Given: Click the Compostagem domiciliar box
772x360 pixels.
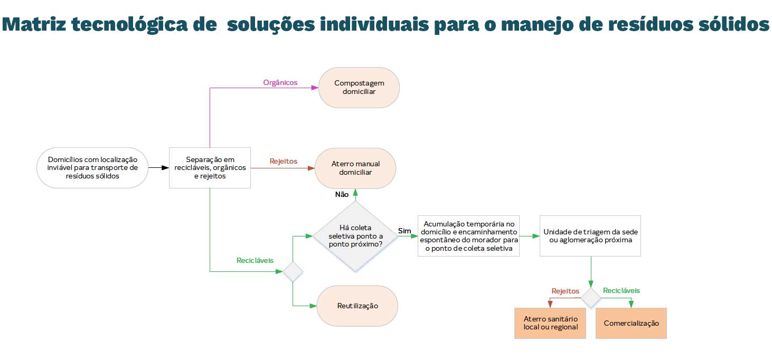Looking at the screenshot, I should point(359,88).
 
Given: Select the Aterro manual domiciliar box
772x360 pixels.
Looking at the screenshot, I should point(355,168).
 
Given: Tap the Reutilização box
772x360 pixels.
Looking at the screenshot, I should point(357,306).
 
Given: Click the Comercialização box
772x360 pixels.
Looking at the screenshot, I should point(631,323).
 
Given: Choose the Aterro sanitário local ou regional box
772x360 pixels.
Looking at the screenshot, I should point(550,323).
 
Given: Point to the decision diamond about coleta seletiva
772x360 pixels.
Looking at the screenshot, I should point(355,236).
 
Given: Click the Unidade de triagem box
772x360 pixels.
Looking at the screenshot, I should point(590,236).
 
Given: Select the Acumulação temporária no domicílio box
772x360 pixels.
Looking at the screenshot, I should point(468,236).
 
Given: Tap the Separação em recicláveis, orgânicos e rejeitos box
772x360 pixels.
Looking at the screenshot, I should point(210,168).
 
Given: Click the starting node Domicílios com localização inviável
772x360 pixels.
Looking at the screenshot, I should point(92,168).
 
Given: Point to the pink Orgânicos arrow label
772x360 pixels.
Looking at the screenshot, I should point(280,83).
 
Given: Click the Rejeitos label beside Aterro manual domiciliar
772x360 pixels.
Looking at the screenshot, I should point(283,161).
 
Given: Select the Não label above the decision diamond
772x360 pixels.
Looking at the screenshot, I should point(342,194).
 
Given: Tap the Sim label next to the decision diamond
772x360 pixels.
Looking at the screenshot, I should point(404,231).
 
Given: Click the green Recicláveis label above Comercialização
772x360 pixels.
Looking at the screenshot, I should point(622,291).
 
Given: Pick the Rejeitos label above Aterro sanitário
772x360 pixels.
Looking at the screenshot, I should point(565,291).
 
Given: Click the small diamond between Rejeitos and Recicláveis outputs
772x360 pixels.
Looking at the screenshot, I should point(591,298).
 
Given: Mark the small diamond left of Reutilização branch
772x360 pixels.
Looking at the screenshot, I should point(293,271).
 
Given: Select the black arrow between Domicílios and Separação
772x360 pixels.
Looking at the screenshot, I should point(157,168).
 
